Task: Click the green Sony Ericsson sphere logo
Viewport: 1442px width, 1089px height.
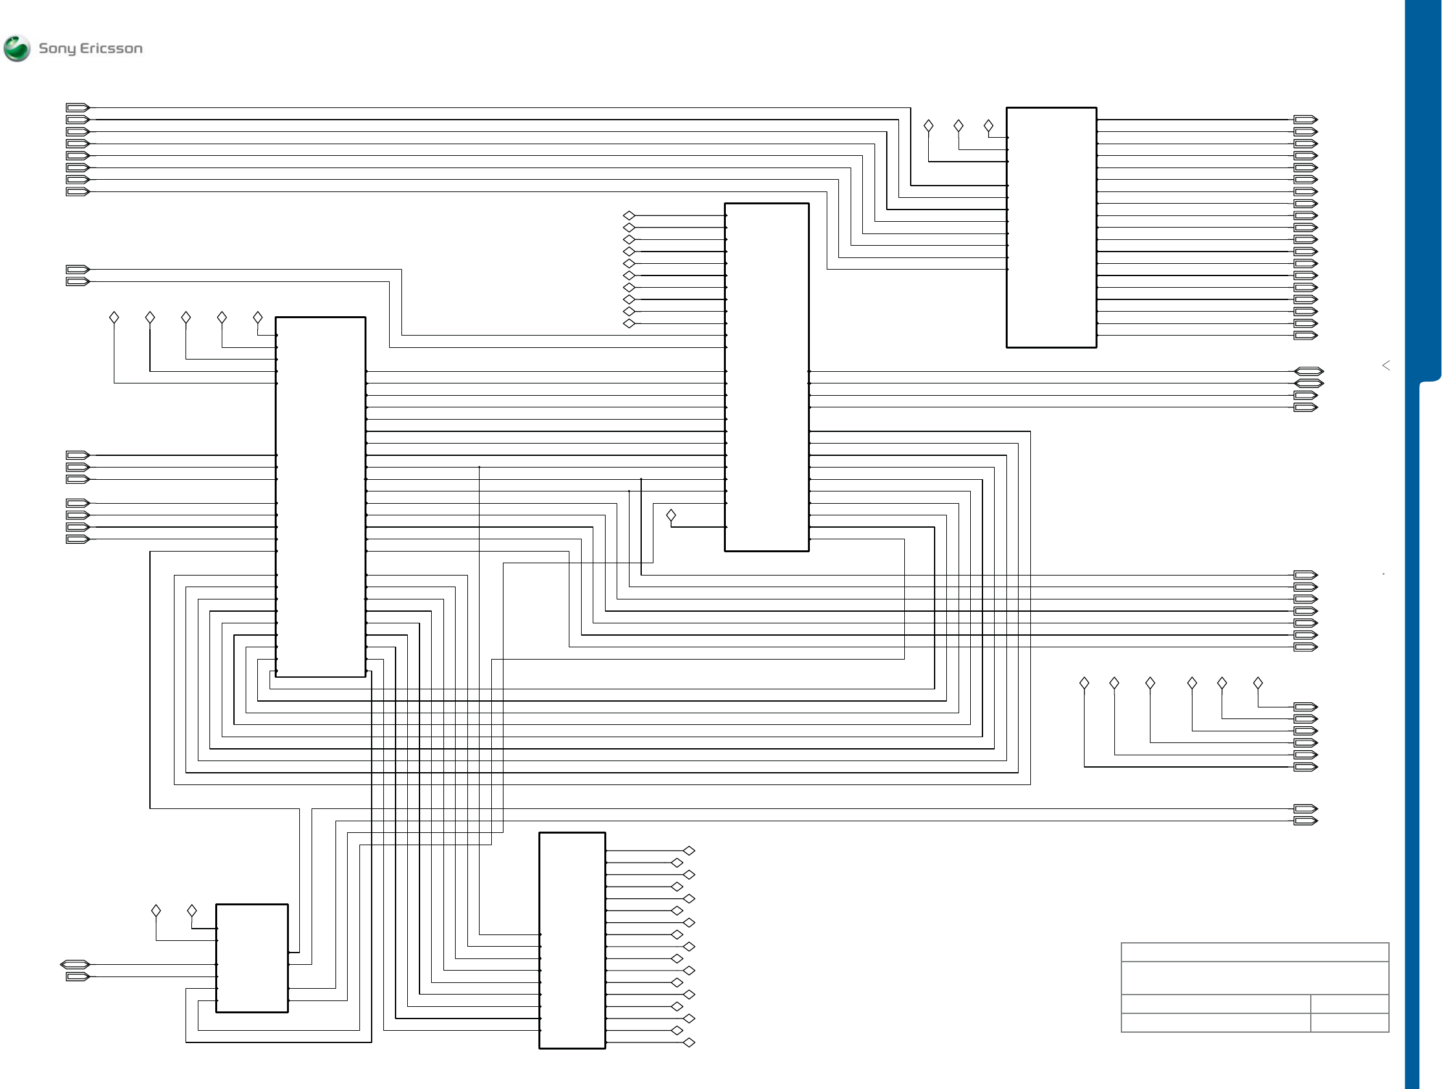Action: [17, 49]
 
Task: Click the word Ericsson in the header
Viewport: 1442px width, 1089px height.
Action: [111, 49]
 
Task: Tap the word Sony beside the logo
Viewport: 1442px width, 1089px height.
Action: [57, 49]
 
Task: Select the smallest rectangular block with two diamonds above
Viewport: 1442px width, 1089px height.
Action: [251, 958]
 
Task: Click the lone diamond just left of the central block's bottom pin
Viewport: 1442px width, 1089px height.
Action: [671, 516]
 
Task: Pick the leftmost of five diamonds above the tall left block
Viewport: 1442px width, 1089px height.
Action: [114, 318]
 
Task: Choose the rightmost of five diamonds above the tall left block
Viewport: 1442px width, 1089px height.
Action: [257, 318]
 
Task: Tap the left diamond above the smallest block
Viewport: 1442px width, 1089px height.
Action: [156, 911]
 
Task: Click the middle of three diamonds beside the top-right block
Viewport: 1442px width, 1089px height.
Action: [959, 126]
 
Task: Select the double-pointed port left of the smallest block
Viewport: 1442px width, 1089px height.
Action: [74, 964]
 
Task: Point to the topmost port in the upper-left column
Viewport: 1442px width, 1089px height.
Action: [77, 107]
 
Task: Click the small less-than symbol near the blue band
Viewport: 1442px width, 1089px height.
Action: [1386, 365]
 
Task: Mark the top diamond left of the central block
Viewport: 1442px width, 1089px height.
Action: [629, 216]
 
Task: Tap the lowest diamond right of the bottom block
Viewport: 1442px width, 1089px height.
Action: [689, 1042]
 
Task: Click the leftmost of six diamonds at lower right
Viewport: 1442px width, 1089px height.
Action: [1084, 683]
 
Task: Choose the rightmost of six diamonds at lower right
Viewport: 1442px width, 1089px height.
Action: [1258, 683]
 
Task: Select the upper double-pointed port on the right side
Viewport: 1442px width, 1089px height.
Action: [1308, 372]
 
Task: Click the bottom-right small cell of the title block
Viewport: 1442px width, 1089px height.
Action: [1350, 1022]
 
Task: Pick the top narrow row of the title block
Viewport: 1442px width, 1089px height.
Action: [1255, 952]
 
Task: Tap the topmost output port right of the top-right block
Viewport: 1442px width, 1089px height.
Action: [1305, 120]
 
